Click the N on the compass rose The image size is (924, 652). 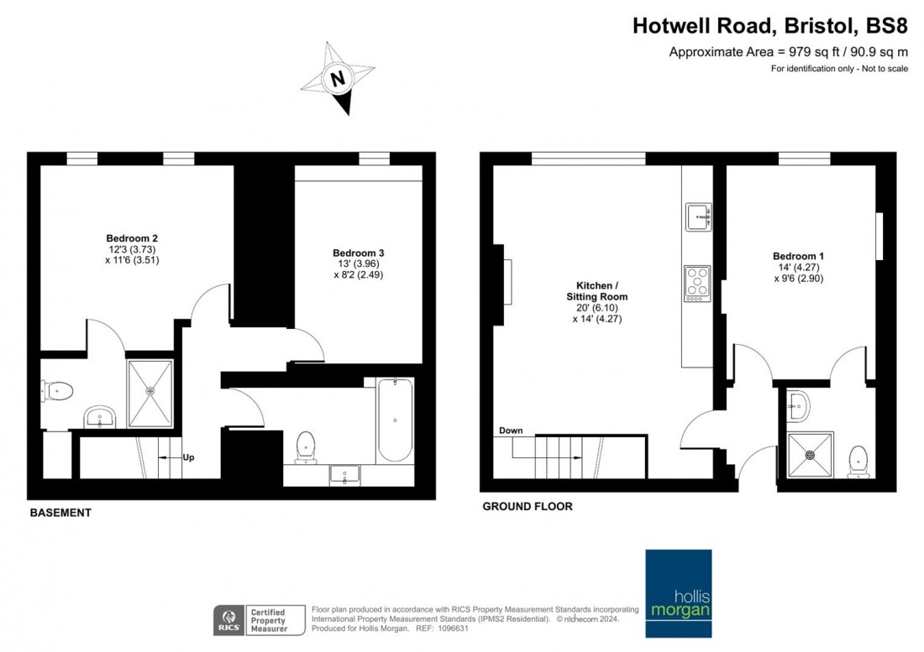click(338, 79)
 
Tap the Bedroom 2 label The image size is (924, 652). click(132, 238)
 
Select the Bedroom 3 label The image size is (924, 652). click(359, 253)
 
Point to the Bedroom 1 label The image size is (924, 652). click(799, 256)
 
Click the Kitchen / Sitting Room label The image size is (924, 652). click(597, 291)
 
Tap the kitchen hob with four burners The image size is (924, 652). click(697, 284)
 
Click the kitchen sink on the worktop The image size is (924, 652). click(698, 217)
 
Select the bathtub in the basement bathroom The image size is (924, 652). click(395, 420)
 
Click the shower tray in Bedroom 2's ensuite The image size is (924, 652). click(150, 393)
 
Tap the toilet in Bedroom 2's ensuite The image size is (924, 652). click(56, 390)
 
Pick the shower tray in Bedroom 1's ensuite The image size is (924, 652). click(811, 454)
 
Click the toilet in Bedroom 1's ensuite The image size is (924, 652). click(858, 462)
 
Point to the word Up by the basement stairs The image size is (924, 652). click(188, 457)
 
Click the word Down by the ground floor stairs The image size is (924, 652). click(511, 430)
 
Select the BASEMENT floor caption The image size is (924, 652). click(60, 513)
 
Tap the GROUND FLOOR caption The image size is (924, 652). click(528, 506)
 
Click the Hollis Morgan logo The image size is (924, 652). click(679, 593)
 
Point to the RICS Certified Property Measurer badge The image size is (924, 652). click(260, 620)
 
